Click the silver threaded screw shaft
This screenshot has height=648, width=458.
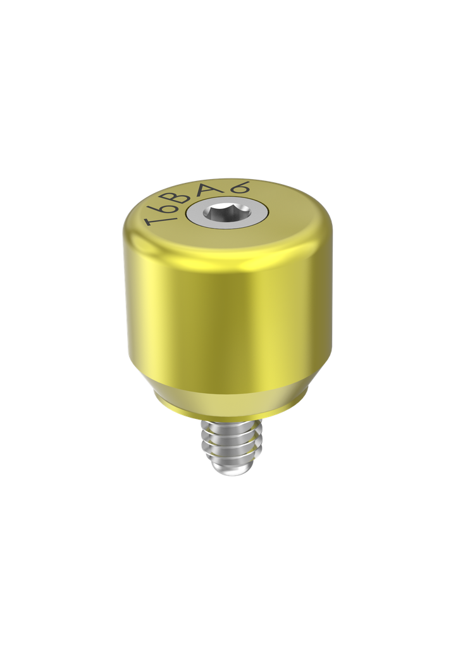tap(227, 446)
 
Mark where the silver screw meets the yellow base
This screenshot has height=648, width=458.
tap(227, 420)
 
